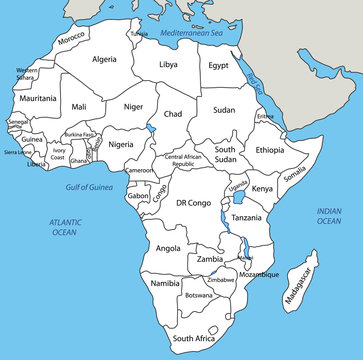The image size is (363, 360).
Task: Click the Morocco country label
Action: [x=71, y=40]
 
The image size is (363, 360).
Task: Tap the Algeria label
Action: [x=104, y=60]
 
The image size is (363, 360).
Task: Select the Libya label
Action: [x=169, y=65]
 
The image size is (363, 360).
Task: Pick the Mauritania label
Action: [x=38, y=98]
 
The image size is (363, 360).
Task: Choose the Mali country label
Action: [x=79, y=106]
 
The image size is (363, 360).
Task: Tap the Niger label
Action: [x=133, y=106]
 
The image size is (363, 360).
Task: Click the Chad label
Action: [x=173, y=115]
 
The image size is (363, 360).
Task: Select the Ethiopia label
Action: [x=269, y=150]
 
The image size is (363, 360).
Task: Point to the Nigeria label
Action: [x=121, y=144]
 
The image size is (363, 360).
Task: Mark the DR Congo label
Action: [x=194, y=203]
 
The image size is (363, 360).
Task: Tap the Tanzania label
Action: [x=247, y=217]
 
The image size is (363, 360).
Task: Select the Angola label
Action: [x=169, y=248]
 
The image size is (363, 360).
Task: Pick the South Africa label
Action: [x=193, y=339]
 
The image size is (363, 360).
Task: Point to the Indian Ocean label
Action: [x=328, y=215]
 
